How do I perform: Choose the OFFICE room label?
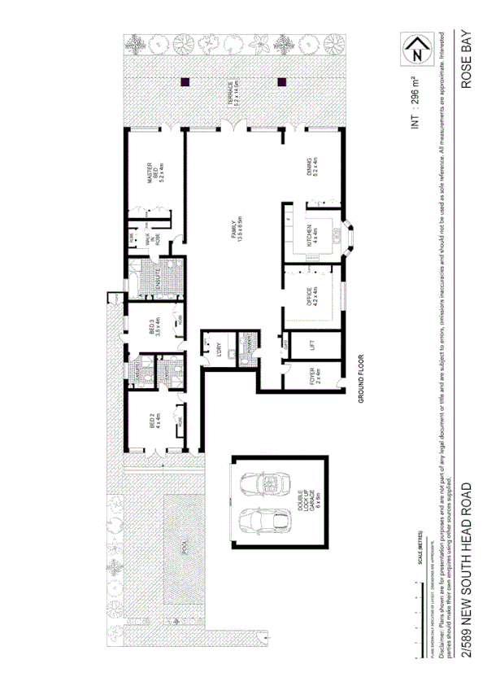(x=312, y=295)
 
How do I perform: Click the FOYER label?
(x=313, y=376)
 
